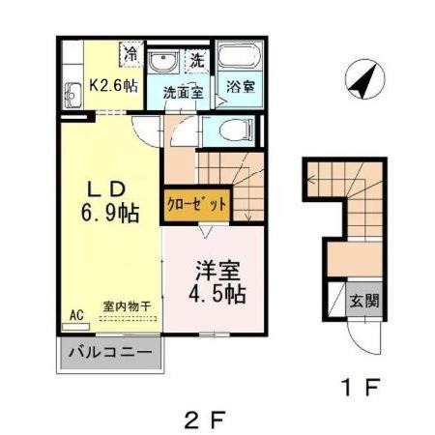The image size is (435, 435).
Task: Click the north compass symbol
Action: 365,78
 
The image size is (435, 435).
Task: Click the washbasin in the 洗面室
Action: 163,62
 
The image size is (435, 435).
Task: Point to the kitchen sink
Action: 72,96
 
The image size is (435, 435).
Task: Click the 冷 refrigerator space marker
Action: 130,54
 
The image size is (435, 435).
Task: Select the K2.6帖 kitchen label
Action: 113,86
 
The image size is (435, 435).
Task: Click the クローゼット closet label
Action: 197,205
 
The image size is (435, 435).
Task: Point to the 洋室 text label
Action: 218,271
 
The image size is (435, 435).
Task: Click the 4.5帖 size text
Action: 217,293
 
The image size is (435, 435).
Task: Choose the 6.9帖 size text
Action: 110,213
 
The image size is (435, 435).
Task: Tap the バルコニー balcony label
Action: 110,352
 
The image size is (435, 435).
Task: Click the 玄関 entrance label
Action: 364,301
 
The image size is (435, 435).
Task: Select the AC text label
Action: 76,315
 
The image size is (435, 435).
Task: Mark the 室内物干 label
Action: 128,306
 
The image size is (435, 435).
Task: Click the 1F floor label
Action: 362,387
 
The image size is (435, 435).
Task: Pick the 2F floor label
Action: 204,420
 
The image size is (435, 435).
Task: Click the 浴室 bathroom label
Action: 241,87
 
